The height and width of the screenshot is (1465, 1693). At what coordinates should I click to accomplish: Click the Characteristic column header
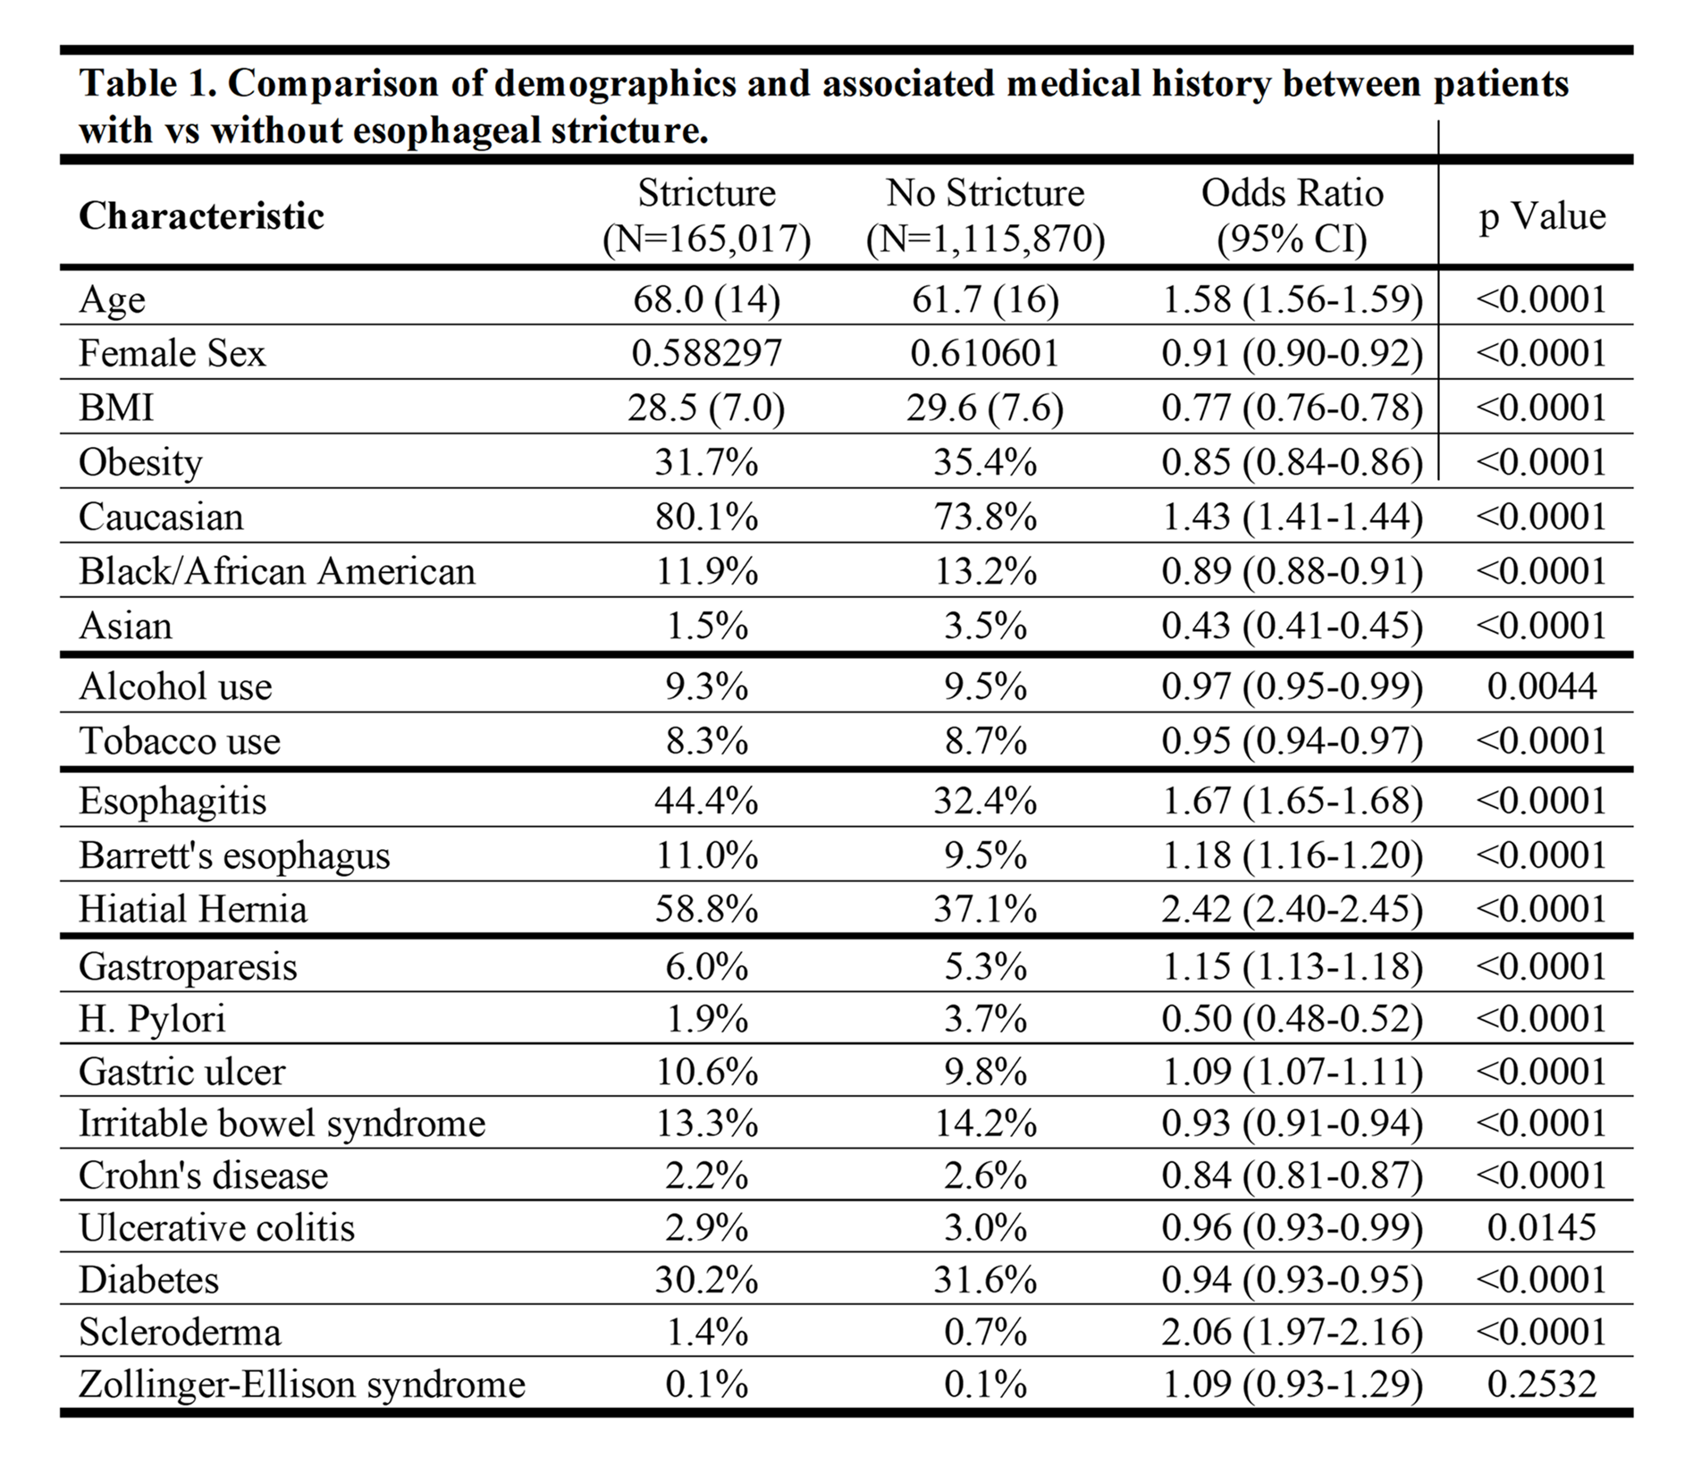[x=201, y=215]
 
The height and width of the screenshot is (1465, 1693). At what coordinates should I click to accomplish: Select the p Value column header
[x=1542, y=215]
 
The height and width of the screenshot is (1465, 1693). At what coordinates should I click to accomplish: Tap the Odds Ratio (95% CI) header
[x=1293, y=215]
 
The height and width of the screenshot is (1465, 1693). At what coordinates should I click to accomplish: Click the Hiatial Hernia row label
[x=193, y=909]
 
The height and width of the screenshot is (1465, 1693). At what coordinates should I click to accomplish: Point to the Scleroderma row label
[x=180, y=1332]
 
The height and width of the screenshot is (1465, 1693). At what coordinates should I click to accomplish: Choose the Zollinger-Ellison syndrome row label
[x=302, y=1384]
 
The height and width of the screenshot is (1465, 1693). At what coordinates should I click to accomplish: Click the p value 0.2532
[x=1542, y=1384]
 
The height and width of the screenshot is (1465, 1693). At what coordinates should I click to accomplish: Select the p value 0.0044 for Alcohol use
[x=1542, y=686]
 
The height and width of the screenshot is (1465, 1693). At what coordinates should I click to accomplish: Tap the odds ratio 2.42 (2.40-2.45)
[x=1293, y=909]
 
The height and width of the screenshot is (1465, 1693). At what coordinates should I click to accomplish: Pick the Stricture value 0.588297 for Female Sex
[x=707, y=352]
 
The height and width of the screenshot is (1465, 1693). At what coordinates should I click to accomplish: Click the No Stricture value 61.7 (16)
[x=985, y=299]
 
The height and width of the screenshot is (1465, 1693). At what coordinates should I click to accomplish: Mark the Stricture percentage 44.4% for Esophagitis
[x=707, y=800]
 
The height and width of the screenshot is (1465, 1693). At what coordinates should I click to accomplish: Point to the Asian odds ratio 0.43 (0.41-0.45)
[x=1293, y=626]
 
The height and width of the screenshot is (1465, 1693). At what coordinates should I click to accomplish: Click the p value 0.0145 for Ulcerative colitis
[x=1542, y=1227]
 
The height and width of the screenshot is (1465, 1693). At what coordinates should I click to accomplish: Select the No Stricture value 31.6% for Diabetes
[x=985, y=1279]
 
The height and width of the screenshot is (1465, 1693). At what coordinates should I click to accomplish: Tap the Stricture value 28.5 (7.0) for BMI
[x=707, y=408]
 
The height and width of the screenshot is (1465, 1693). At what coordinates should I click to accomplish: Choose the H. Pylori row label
[x=152, y=1018]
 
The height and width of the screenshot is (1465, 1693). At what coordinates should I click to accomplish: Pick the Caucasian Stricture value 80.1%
[x=707, y=517]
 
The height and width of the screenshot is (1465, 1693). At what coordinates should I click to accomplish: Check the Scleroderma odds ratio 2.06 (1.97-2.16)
[x=1293, y=1332]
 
